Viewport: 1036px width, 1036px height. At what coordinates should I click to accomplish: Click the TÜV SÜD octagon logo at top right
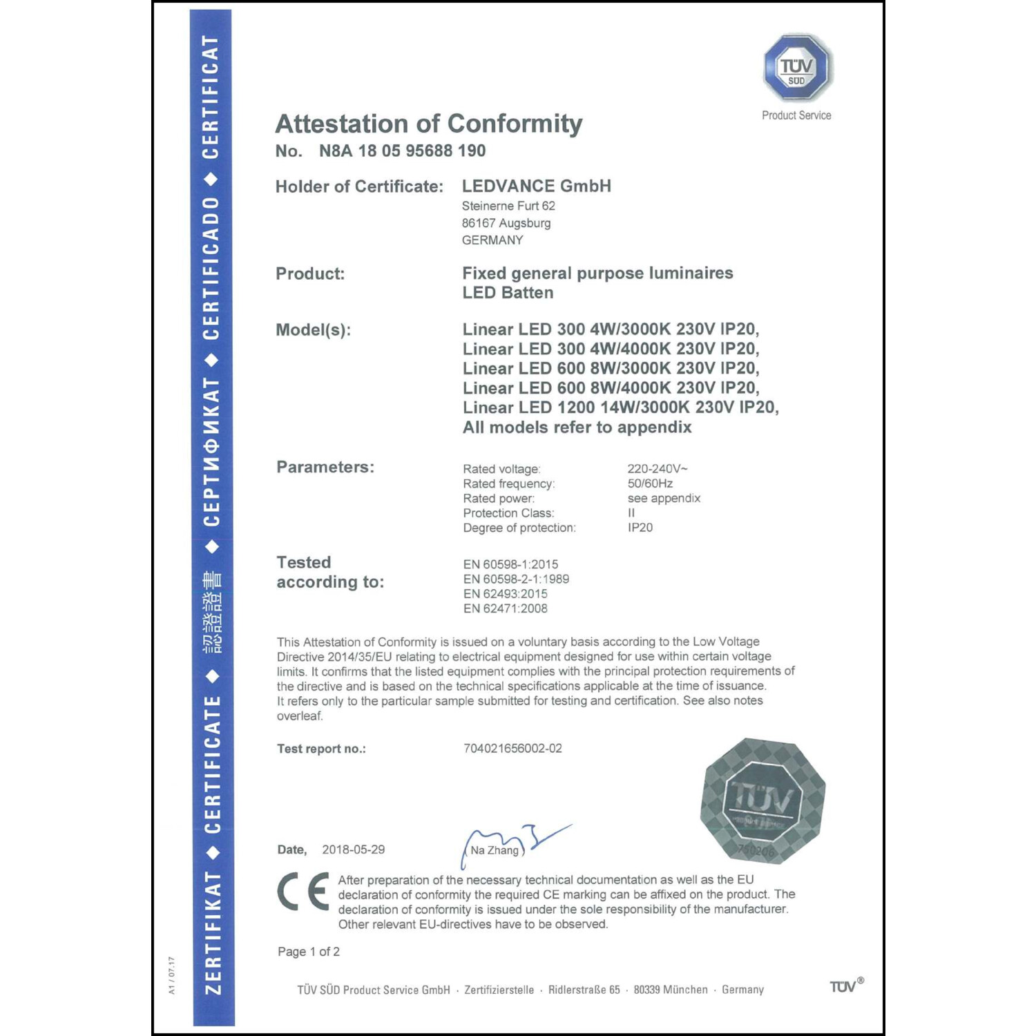tap(797, 68)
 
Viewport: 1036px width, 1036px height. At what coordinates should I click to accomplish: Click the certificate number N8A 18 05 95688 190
tap(402, 151)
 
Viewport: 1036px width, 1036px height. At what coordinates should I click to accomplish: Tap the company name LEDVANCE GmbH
tap(536, 186)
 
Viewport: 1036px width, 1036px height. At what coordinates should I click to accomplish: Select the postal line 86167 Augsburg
tap(506, 223)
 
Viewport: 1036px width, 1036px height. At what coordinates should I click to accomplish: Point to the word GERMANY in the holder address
tap(492, 240)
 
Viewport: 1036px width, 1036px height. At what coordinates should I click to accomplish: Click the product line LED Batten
tap(508, 293)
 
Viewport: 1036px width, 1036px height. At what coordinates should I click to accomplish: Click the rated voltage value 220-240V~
tap(657, 469)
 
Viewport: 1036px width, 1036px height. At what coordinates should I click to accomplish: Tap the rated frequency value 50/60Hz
tap(650, 483)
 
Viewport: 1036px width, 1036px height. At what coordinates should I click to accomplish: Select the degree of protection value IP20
tap(640, 528)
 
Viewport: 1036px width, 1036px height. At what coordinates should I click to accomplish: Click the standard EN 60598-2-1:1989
tap(516, 579)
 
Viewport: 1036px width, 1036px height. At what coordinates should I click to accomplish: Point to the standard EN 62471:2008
tap(505, 608)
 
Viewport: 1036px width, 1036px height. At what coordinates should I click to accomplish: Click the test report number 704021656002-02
tap(512, 749)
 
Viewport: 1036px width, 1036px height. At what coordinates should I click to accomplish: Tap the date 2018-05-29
tap(353, 850)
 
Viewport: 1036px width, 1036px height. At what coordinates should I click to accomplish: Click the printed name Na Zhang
tap(495, 850)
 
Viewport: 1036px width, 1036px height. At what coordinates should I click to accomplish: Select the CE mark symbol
tap(303, 892)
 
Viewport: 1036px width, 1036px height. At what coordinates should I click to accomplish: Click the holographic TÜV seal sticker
tap(762, 800)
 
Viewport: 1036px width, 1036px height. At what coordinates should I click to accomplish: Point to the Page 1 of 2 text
tap(309, 952)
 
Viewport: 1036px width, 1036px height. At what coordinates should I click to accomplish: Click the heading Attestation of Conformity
tap(428, 124)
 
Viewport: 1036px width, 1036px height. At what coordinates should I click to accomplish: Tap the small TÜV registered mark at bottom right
tap(845, 986)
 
